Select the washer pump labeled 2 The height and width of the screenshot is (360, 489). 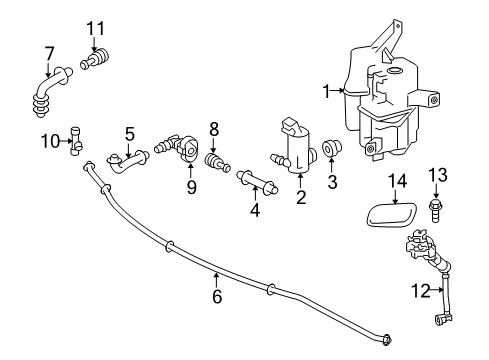point(297,148)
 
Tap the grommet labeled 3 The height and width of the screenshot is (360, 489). point(333,152)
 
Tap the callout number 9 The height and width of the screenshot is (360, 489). point(191,186)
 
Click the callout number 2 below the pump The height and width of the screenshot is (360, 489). point(299,199)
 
